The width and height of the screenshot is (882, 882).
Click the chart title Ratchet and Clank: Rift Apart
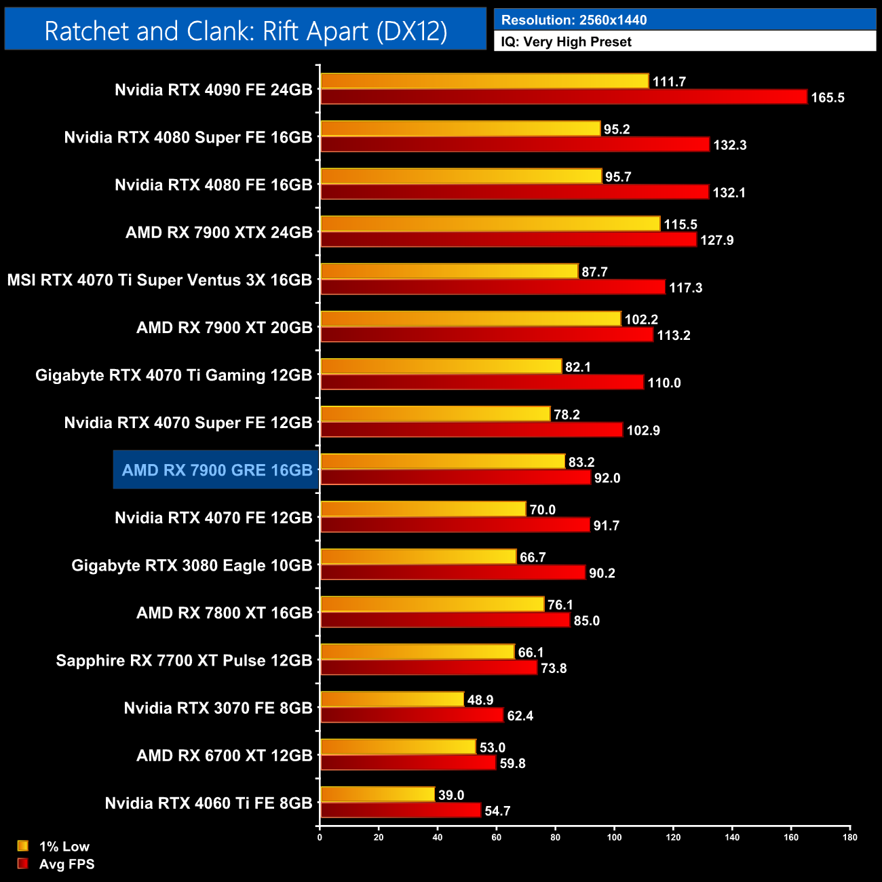coord(246,31)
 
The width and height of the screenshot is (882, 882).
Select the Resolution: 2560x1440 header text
coord(573,20)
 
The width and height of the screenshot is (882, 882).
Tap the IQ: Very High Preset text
coord(566,42)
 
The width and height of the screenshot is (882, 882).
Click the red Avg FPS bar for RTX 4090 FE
coord(563,97)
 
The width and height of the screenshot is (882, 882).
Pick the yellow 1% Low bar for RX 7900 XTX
coord(490,224)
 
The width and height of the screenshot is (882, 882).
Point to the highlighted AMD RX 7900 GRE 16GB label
coord(217,470)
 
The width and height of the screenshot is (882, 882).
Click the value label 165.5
coord(827,98)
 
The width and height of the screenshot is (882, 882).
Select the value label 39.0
coord(451,795)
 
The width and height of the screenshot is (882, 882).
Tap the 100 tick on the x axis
coord(614,837)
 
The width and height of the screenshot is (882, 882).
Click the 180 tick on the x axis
coord(849,837)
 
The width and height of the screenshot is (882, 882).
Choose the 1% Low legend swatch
coord(23,846)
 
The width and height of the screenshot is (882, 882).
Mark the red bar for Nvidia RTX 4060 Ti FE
coord(400,811)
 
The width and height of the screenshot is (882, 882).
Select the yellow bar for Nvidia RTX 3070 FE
coord(392,699)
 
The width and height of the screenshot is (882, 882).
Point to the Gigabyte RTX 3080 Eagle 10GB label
coord(192,566)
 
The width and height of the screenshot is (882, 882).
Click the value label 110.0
coord(664,383)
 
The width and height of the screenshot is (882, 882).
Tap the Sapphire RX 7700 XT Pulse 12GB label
coord(184,661)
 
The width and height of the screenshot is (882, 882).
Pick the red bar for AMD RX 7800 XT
coord(445,620)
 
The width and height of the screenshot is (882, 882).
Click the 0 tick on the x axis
coord(320,837)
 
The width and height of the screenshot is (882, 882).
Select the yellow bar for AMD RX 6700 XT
coord(398,747)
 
